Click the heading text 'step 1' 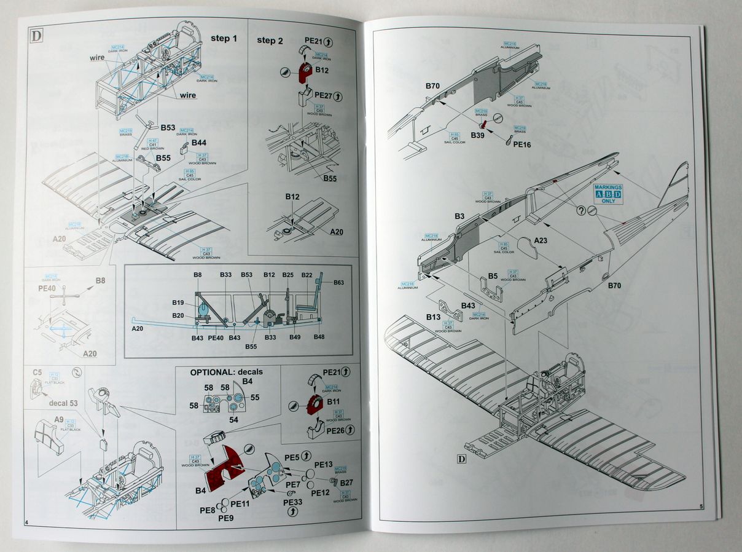pos(224,38)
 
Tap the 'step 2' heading pos(270,40)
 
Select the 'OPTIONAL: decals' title pos(226,372)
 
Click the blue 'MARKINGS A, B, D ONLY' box pos(607,193)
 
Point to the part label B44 pos(198,143)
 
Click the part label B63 pos(339,282)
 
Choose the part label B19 pos(178,302)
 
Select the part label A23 pos(541,240)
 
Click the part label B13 pos(432,317)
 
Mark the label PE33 pos(292,502)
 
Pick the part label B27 pos(346,483)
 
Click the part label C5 pos(37,372)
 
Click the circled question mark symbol pos(580,210)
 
